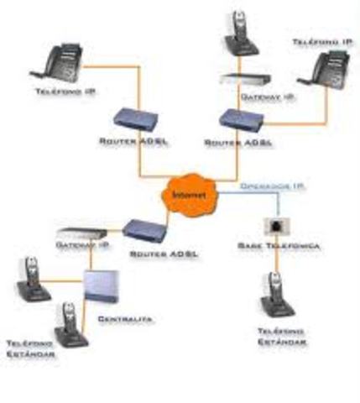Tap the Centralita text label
pyautogui.click(x=117, y=319)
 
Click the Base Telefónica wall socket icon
pyautogui.click(x=274, y=225)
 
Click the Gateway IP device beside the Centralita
pyautogui.click(x=81, y=233)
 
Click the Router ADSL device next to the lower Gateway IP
pyautogui.click(x=144, y=228)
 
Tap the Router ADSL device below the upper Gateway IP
pyautogui.click(x=237, y=118)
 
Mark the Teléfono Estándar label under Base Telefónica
pyautogui.click(x=279, y=338)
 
